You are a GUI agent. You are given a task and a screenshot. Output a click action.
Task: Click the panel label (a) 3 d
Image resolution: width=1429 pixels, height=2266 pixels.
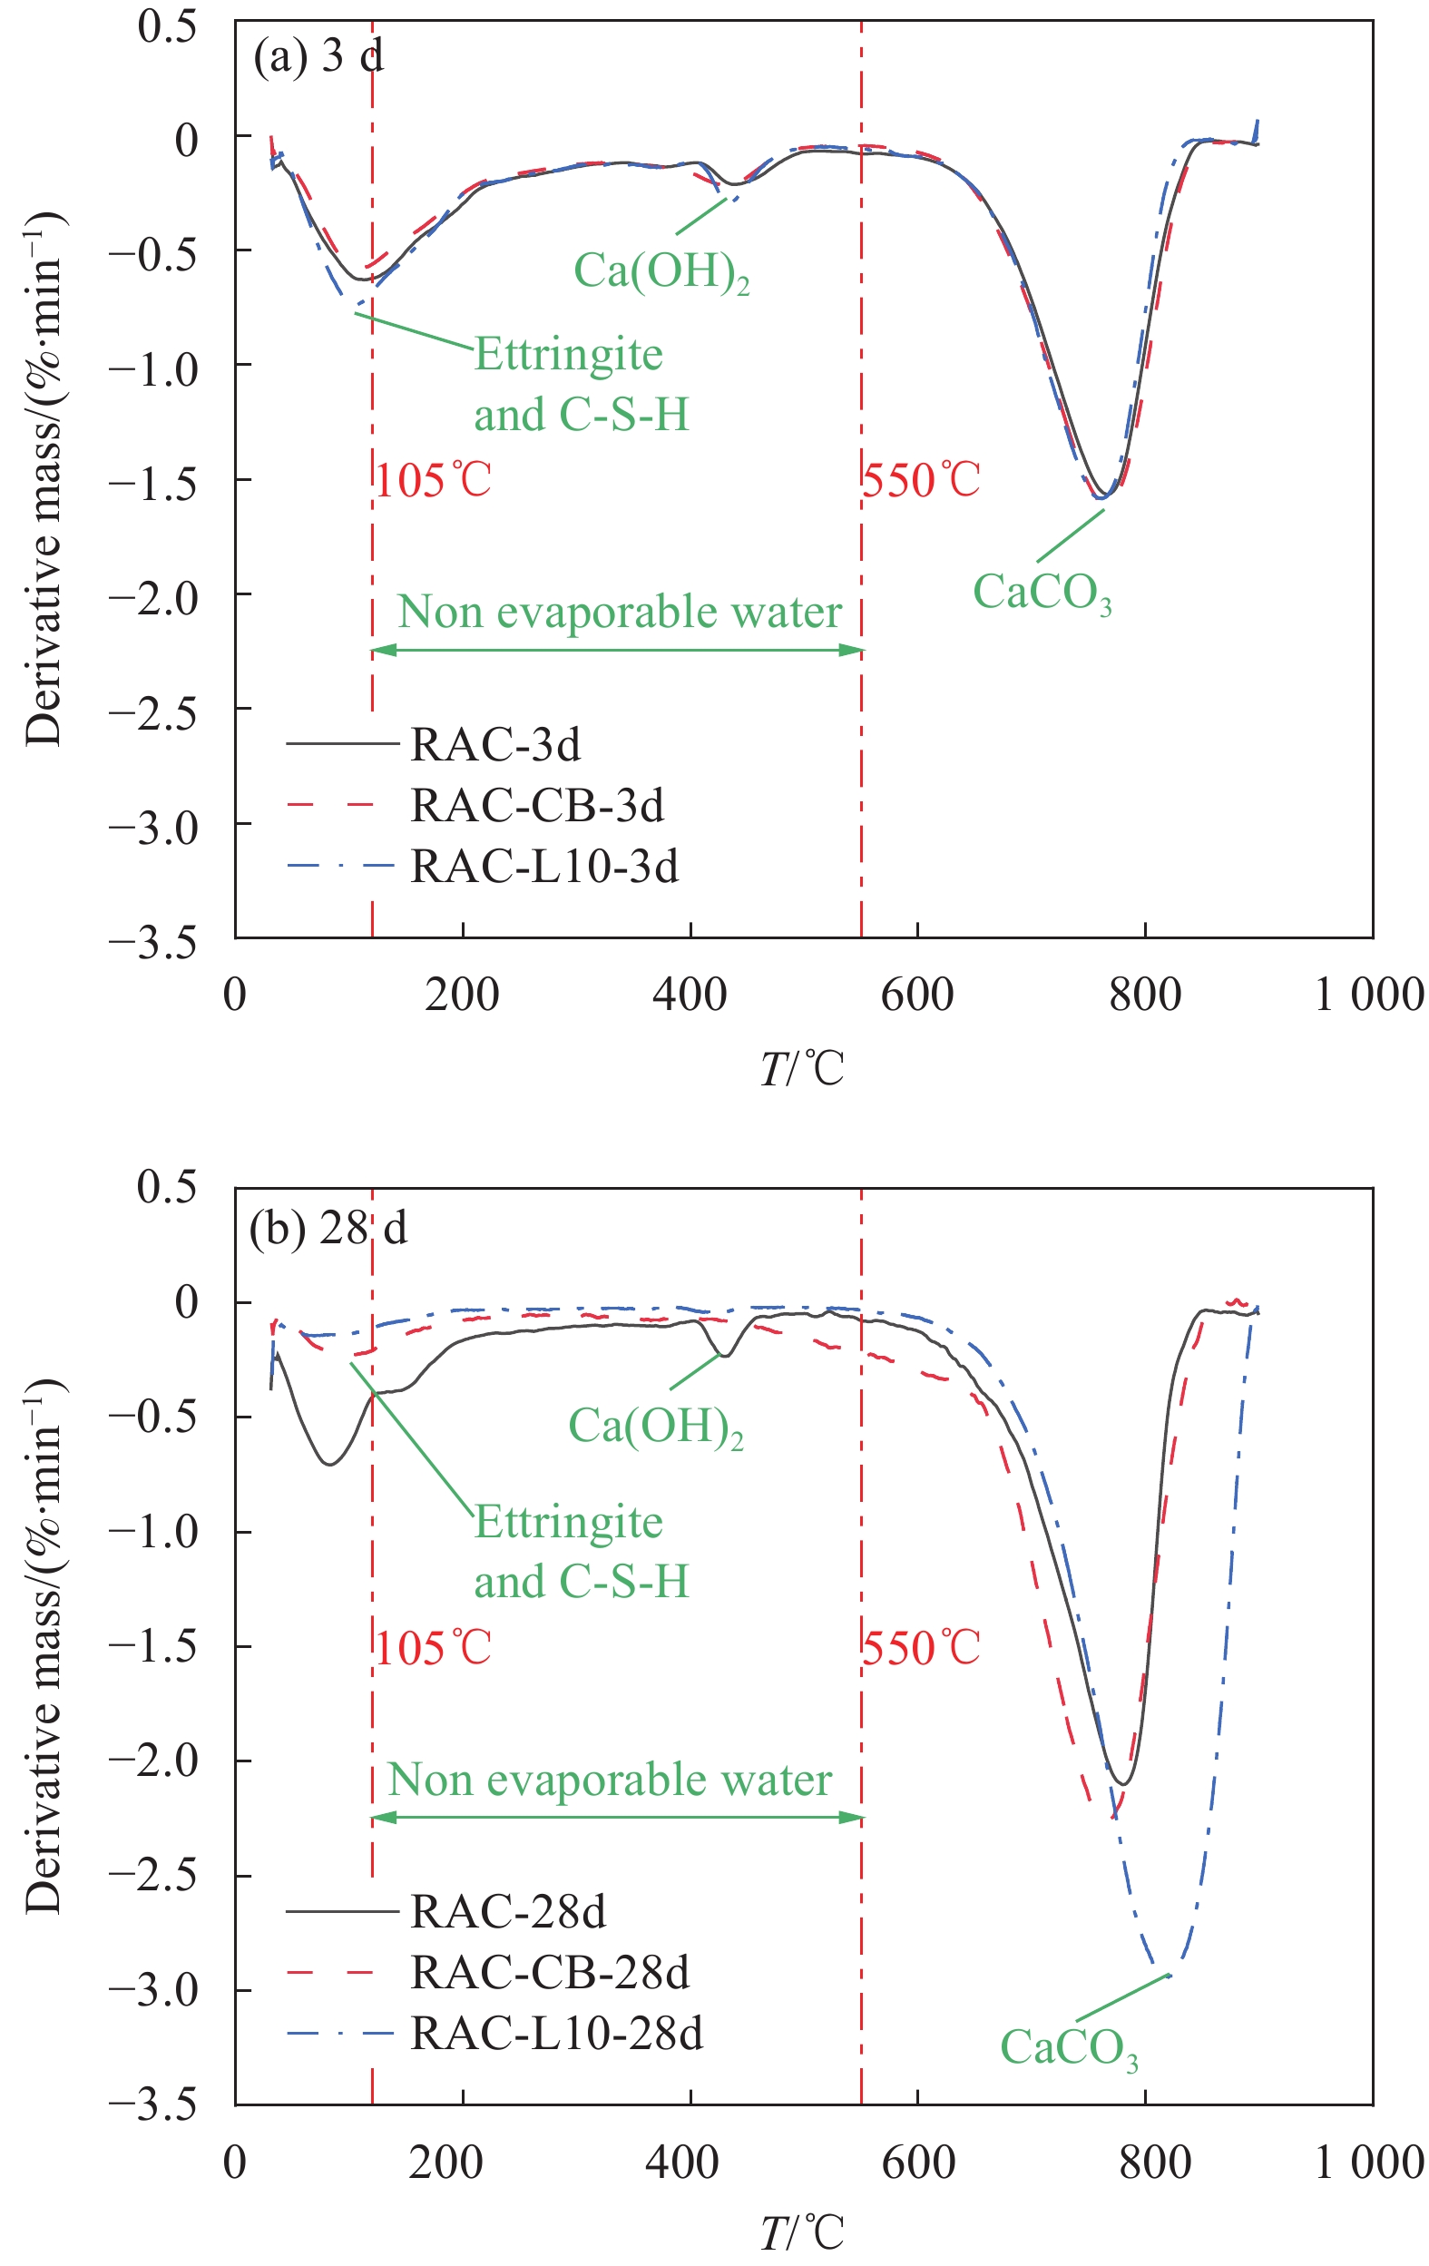coord(318,58)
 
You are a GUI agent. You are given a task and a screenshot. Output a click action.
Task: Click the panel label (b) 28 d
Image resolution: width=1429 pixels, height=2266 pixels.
coord(328,1229)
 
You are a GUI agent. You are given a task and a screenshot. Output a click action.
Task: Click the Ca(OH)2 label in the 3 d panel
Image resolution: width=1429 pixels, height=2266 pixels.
coord(661,272)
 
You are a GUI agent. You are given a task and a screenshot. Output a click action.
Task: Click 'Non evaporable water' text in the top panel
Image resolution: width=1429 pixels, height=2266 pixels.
coord(619,613)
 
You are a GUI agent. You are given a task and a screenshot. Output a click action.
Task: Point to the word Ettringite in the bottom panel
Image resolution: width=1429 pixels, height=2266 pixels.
coord(568,1523)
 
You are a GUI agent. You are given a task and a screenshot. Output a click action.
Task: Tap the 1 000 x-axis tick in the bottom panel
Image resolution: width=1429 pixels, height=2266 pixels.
coord(1369,2162)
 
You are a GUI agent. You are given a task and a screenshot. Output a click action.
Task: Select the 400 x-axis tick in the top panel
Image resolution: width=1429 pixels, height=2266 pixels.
coord(690,995)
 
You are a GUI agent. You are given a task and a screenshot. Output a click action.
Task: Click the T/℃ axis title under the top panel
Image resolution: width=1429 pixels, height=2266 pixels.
coord(801,1069)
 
